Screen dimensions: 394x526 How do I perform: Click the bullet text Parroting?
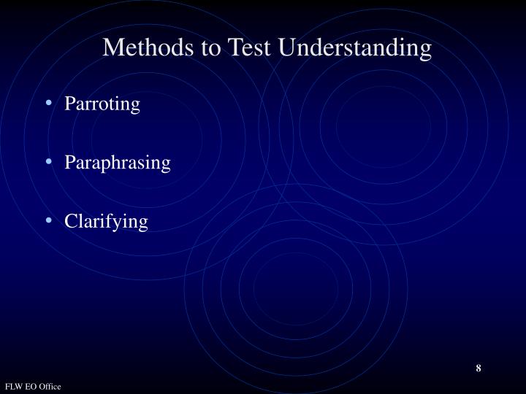point(102,104)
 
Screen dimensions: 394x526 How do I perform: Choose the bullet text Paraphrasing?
point(118,163)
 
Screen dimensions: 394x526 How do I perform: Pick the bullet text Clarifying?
point(107,221)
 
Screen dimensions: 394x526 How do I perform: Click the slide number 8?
point(479,368)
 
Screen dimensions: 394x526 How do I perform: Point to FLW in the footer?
point(15,386)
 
